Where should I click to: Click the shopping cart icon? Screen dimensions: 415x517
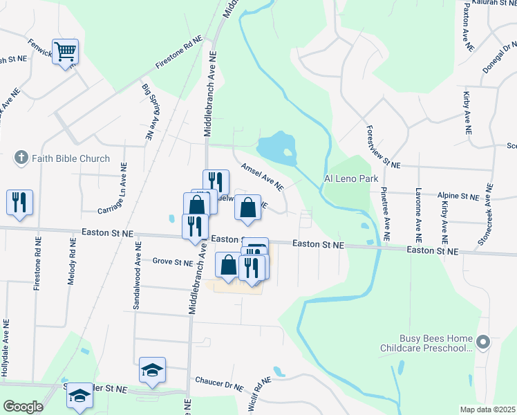[x=65, y=50]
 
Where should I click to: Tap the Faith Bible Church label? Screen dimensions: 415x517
[x=70, y=158]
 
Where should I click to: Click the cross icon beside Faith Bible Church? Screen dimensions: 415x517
[x=21, y=158]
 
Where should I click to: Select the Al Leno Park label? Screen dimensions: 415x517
[x=351, y=178]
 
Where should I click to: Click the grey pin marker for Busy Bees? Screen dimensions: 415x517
[x=483, y=342]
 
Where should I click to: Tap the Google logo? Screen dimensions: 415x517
[x=22, y=407]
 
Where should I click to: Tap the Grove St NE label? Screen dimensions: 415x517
[x=172, y=262]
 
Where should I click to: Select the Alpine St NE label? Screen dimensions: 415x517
[x=458, y=197]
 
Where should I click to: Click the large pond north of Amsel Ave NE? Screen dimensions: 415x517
[x=278, y=146]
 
